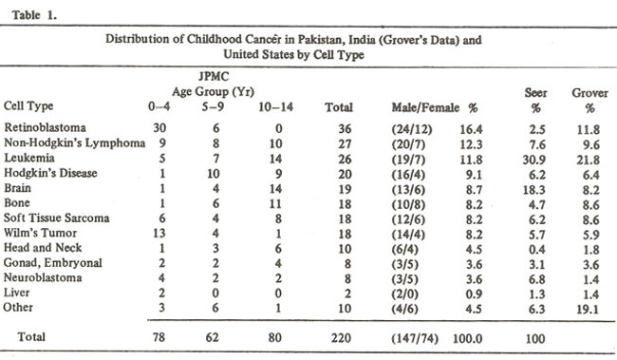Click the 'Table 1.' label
(34, 15)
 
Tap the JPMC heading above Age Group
(214, 76)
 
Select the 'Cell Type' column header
(28, 106)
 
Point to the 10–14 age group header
(276, 107)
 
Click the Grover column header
(589, 93)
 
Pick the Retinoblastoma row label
(45, 127)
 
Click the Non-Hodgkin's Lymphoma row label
(75, 143)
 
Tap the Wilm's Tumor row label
(40, 233)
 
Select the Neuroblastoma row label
(43, 277)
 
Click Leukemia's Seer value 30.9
(534, 160)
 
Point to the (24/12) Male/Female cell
(412, 129)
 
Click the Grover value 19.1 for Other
(588, 310)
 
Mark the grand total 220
(341, 338)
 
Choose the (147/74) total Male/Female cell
(415, 339)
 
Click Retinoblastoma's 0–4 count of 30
(159, 128)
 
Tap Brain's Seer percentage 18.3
(534, 190)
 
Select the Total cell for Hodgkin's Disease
(345, 175)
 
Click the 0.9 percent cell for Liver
(474, 294)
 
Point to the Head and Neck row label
(43, 248)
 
